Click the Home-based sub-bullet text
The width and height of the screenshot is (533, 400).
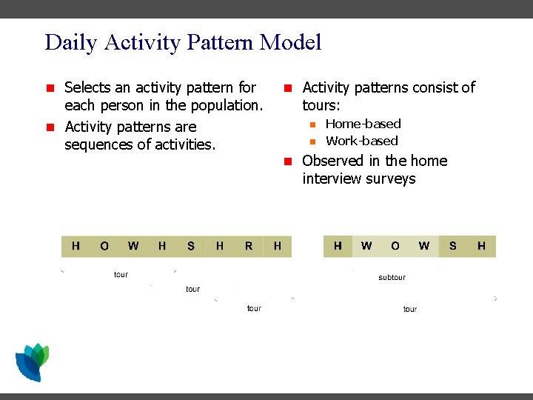pos(363,124)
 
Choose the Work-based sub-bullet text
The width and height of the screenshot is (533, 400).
pos(361,141)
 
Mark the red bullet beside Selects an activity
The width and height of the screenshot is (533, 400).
pos(50,88)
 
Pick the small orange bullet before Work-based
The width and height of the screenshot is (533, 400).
pos(312,141)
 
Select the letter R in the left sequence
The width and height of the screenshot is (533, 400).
pos(248,246)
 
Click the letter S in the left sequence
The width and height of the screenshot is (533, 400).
pos(191,246)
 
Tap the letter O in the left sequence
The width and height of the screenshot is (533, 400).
pos(104,246)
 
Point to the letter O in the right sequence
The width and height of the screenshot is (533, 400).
pos(395,246)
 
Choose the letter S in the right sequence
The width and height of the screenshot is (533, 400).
pos(452,246)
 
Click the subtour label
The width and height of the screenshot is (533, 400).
pos(392,277)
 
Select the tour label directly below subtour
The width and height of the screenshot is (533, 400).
pos(409,309)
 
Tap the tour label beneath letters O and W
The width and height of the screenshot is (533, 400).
pos(121,275)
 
